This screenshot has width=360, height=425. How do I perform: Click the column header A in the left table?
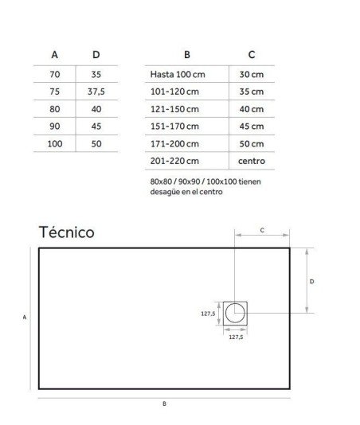point(54,55)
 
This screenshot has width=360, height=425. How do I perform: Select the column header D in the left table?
point(96,55)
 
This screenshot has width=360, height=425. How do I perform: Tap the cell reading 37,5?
point(96,92)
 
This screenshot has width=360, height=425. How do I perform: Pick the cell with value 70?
point(55,74)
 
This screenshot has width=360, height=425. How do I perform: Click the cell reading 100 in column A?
point(55,143)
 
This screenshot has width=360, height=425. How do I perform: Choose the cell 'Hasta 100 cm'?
point(178,74)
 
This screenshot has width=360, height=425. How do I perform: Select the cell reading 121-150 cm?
point(174,109)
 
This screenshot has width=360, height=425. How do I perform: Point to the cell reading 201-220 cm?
point(174,161)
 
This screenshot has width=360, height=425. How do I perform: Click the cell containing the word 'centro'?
point(252,161)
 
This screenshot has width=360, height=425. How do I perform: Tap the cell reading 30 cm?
point(252,74)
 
